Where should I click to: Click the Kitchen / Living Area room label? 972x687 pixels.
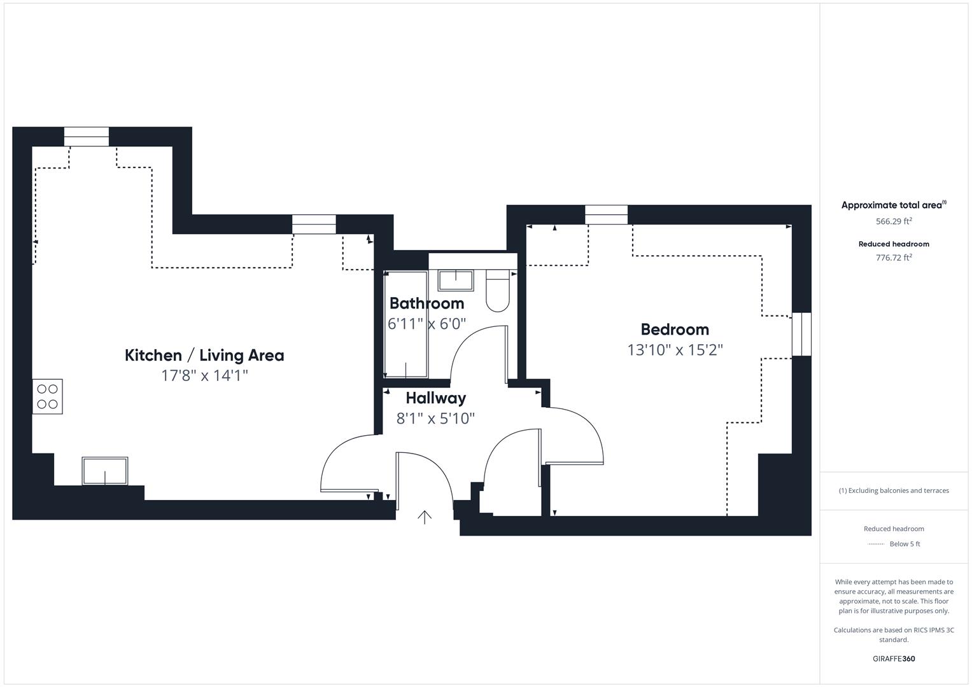(x=204, y=355)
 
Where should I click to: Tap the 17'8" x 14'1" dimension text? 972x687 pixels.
(x=204, y=375)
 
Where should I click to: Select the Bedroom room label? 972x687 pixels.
(x=675, y=330)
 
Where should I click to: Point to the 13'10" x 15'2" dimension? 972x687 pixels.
(x=675, y=350)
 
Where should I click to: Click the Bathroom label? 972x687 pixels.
(x=426, y=303)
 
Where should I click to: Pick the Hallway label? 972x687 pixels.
(x=435, y=398)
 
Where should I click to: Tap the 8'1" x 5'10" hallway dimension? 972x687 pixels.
(x=435, y=419)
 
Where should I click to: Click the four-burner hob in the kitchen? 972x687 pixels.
(x=48, y=396)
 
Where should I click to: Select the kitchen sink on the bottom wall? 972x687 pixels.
(x=104, y=471)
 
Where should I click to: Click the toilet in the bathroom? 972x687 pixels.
(x=498, y=291)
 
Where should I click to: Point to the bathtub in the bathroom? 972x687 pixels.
(x=406, y=324)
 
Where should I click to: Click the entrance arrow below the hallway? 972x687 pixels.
(x=425, y=517)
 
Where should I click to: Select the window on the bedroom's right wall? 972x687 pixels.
(x=801, y=334)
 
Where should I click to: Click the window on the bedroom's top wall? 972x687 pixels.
(x=606, y=214)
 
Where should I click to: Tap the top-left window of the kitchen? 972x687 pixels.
(x=87, y=137)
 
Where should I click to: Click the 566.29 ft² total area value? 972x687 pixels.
(x=894, y=221)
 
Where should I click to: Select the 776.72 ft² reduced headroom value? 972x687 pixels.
(x=894, y=258)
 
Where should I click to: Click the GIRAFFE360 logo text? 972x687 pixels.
(x=894, y=658)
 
